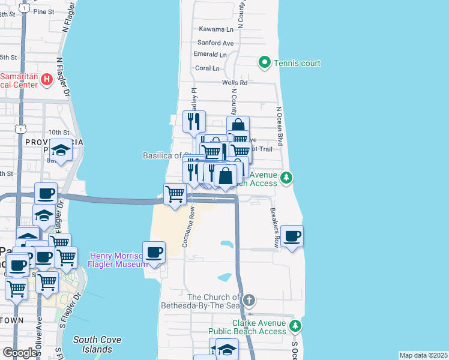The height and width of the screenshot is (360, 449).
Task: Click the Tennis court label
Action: click(x=297, y=63)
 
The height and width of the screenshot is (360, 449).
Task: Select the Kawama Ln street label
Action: click(x=216, y=29)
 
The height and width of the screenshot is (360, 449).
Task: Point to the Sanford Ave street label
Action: click(x=215, y=43)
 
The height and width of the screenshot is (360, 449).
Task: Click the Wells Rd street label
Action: click(x=234, y=83)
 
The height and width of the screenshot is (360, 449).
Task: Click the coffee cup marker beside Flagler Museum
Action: click(x=154, y=251)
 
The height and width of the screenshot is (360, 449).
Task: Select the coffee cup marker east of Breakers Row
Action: click(x=292, y=236)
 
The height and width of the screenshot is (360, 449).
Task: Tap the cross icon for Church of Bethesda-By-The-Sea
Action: click(x=249, y=299)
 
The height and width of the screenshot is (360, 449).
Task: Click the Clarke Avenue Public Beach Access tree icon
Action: click(x=295, y=326)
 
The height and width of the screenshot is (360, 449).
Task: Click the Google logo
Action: click(x=20, y=353)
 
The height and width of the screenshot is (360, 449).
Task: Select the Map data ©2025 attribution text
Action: click(x=423, y=355)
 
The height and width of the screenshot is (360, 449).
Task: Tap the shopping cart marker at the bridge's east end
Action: click(x=175, y=194)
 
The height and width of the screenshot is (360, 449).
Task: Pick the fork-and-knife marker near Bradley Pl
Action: click(x=194, y=121)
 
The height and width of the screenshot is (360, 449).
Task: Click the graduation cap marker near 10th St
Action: click(x=61, y=149)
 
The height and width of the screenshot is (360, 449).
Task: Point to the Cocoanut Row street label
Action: click(x=192, y=222)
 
